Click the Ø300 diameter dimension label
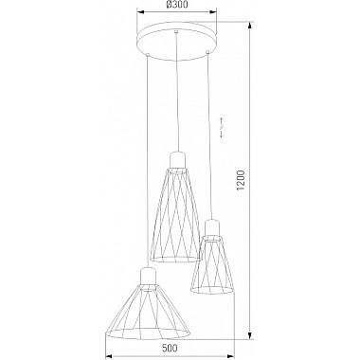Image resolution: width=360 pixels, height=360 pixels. point(176,5)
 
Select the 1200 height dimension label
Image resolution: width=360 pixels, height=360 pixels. point(242,180)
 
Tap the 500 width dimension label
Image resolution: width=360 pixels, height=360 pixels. point(170,348)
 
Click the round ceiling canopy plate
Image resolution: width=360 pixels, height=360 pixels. point(177,40)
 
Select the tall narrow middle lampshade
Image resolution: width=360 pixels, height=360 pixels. point(176,215)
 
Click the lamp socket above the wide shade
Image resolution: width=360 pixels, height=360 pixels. point(147,276)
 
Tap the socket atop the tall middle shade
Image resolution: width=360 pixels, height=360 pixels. point(177,160)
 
